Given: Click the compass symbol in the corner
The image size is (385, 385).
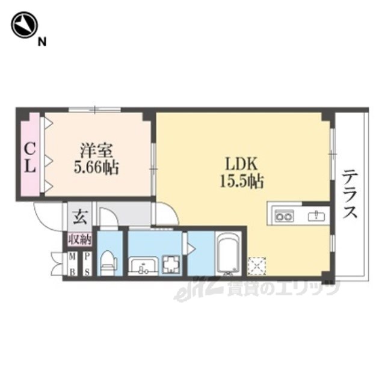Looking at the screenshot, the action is [24, 25].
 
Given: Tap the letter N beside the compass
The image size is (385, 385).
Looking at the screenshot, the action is [42, 43].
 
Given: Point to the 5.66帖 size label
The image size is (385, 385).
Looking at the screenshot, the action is [96, 168].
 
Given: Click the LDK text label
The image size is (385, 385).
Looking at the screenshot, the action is [242, 164].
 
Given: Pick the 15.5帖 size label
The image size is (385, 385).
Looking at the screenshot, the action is [242, 182].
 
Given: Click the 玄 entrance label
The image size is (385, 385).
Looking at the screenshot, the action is [80, 217].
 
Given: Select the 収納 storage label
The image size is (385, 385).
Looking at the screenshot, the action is [80, 239].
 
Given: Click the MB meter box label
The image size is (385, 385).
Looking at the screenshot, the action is [72, 265].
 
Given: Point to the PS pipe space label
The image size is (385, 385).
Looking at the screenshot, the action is [87, 265].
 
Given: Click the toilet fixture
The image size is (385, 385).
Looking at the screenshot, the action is [108, 263].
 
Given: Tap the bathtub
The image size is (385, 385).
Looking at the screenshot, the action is [228, 254].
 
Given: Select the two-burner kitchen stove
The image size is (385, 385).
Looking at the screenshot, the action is [285, 217].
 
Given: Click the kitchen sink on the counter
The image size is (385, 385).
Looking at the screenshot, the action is [316, 216].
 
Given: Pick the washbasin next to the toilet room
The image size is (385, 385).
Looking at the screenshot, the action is [144, 266].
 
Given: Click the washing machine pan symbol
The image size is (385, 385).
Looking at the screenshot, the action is [171, 265].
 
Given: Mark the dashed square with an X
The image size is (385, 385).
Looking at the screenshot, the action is [257, 266].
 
